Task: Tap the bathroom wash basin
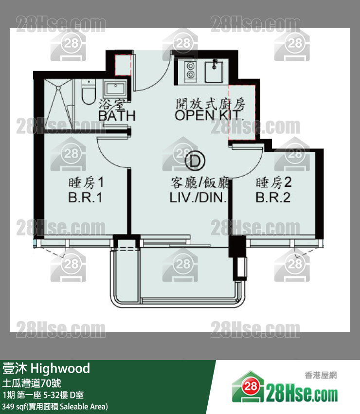[115, 89]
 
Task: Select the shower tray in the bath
[58, 104]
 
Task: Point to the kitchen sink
[214, 72]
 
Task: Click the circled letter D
[195, 161]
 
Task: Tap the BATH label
[117, 116]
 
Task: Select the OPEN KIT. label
[209, 115]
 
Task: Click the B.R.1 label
[85, 198]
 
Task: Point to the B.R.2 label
[273, 198]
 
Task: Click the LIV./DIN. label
[198, 198]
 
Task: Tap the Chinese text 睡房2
[273, 183]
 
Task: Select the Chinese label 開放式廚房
[211, 104]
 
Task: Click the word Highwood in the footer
[60, 368]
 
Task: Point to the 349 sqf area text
[55, 406]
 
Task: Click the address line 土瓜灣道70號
[32, 383]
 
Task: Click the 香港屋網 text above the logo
[321, 375]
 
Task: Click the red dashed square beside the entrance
[123, 65]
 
